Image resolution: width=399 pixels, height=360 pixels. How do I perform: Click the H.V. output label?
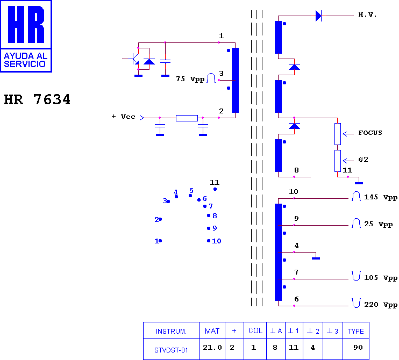[367, 15]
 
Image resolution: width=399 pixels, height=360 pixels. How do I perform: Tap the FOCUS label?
[370, 133]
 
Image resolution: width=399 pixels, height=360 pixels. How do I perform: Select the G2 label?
[363, 160]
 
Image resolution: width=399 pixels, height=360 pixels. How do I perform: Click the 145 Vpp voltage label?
[381, 197]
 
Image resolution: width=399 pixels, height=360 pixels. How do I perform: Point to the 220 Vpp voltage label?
[381, 305]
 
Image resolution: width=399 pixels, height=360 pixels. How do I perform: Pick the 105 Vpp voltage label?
[381, 278]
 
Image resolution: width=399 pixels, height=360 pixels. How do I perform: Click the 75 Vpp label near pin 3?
[190, 79]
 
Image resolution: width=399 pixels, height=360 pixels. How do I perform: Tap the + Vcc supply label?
[124, 117]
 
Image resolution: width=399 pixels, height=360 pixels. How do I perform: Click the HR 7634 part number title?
[37, 99]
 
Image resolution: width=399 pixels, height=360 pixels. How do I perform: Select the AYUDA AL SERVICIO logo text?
[25, 60]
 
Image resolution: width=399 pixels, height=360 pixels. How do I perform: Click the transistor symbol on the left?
[134, 59]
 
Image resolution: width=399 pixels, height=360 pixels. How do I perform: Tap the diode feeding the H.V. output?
[318, 16]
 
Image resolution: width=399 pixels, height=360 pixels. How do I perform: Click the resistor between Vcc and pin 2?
[187, 118]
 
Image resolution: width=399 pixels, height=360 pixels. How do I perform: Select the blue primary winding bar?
[235, 80]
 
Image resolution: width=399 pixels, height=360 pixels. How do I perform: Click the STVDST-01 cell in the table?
[171, 350]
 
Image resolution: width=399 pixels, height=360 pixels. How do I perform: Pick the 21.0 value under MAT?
[212, 347]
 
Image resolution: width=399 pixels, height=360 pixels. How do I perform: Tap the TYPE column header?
[356, 332]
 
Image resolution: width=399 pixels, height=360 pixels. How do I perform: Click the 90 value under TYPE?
[358, 347]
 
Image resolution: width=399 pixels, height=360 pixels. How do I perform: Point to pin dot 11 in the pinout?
[215, 189]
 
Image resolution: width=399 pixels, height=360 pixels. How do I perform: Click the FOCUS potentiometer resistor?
[337, 134]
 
